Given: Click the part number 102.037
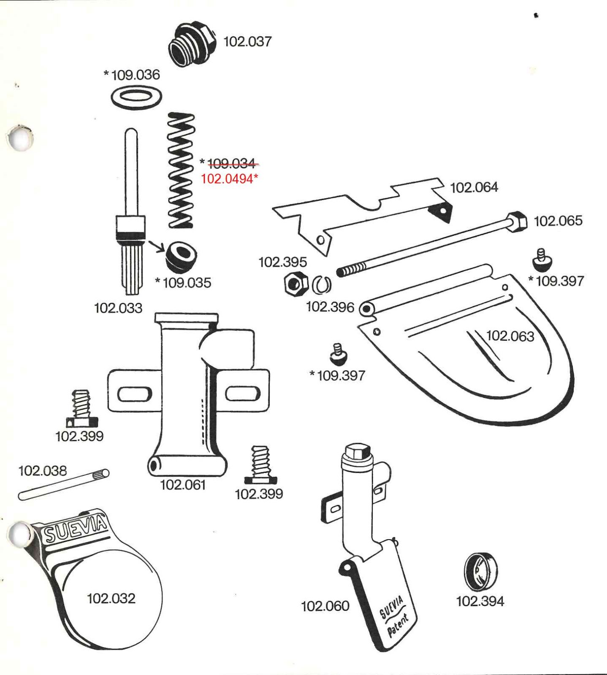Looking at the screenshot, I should pos(247,41).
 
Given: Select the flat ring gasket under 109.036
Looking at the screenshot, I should pos(136,98).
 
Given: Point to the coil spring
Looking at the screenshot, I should pos(181,170).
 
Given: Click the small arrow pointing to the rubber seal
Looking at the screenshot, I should pos(156,246).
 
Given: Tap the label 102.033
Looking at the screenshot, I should pos(118,308).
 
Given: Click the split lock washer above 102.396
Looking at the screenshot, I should pos(322,285).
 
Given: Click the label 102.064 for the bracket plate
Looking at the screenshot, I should pos(474,187).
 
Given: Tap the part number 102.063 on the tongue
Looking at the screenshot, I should pos(510,336).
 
